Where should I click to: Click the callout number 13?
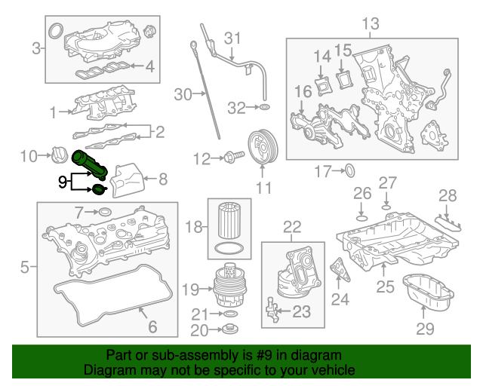pos(370,24)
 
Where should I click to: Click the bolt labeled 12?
pos(231,158)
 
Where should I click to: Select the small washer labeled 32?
pos(264,109)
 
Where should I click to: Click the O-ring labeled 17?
pos(349,171)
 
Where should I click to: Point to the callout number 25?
pos(386,286)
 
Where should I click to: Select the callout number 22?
pos(291,226)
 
